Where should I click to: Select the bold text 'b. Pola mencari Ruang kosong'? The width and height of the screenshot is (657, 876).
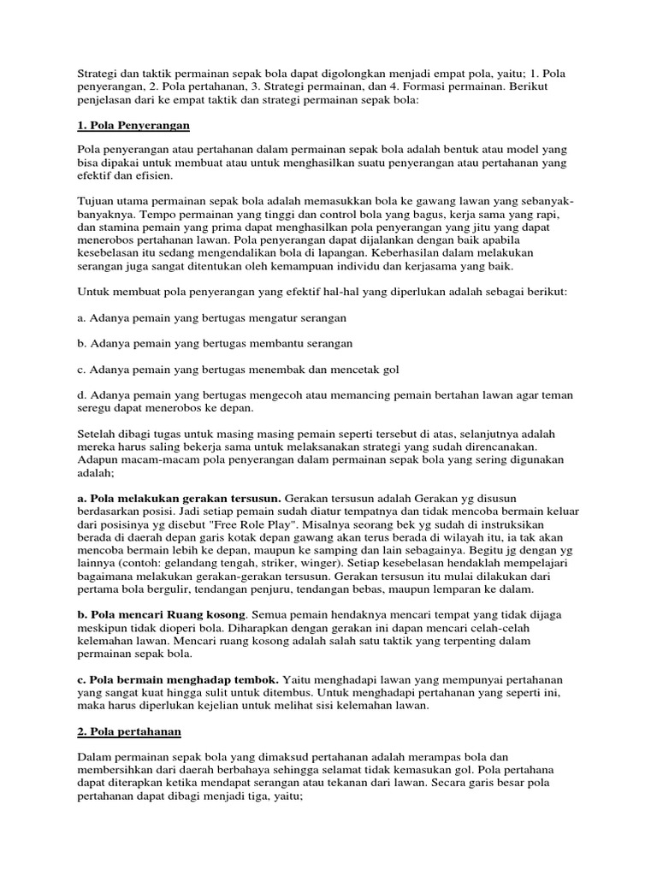[161, 614]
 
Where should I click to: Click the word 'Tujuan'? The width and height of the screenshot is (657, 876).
[97, 200]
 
